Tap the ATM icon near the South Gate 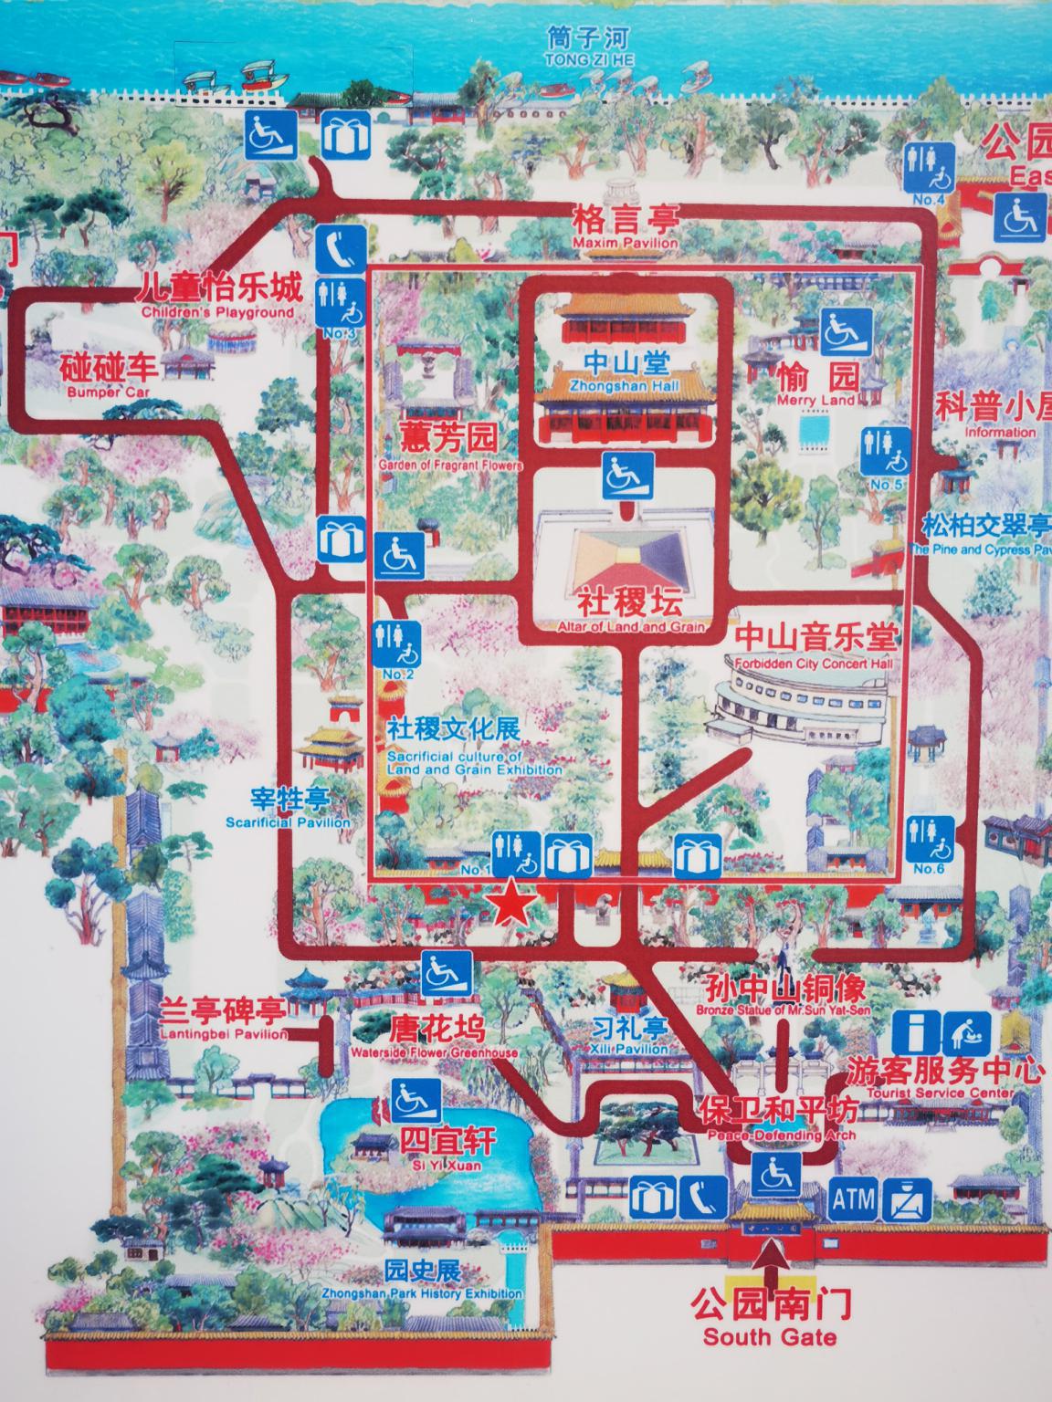(853, 1198)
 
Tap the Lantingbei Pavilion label (223, 1020)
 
